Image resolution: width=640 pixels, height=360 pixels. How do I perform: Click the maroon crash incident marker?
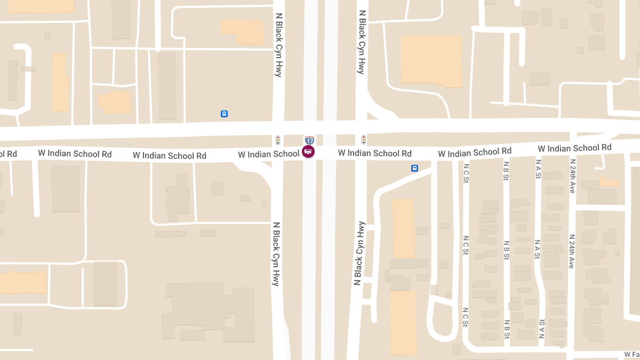(x=308, y=151)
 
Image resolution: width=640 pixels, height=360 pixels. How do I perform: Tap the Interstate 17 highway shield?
(x=309, y=140)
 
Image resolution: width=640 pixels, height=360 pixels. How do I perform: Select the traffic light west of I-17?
(x=278, y=140)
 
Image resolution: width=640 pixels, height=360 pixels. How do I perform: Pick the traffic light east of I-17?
(x=364, y=140)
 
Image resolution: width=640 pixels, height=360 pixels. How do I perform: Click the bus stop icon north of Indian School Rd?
(x=225, y=114)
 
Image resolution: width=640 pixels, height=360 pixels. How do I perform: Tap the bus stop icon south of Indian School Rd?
(x=414, y=168)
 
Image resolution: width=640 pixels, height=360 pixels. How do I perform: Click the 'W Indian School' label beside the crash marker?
(x=268, y=154)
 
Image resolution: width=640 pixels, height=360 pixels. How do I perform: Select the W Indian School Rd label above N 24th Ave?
(x=574, y=148)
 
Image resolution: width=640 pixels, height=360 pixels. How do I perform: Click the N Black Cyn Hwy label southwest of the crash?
(x=276, y=254)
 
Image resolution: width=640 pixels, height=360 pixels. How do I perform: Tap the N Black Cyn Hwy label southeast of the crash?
(x=359, y=253)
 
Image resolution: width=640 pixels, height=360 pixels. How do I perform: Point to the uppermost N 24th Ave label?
(x=572, y=175)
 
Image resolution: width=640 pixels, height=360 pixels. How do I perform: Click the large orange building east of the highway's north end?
(x=431, y=61)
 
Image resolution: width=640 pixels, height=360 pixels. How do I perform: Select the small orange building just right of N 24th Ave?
(x=609, y=182)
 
